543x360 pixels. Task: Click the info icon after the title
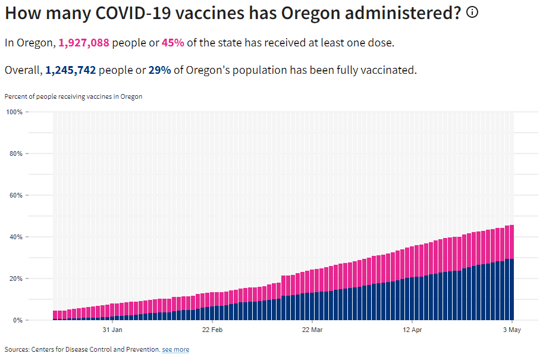[472, 12]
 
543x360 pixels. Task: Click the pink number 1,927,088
[84, 43]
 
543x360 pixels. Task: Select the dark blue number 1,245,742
[70, 70]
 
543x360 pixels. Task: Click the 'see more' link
[175, 350]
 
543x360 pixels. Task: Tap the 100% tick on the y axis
[14, 112]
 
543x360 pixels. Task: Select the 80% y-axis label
[15, 154]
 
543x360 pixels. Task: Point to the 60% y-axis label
[15, 195]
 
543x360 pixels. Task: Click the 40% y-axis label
[15, 237]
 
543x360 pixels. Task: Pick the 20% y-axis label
[15, 278]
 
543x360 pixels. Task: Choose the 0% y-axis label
[17, 320]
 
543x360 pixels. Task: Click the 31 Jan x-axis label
[112, 329]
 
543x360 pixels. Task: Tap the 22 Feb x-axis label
[212, 329]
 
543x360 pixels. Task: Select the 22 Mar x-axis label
[312, 329]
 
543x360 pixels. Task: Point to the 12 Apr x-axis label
[412, 329]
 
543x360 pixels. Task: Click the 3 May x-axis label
[512, 329]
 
